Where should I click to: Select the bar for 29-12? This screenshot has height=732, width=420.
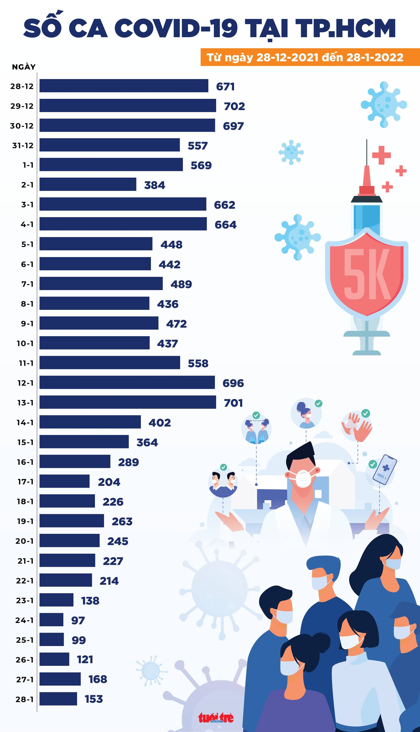click(x=128, y=105)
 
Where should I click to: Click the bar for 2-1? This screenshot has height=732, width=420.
click(x=88, y=184)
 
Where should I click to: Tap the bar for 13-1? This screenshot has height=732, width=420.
click(x=128, y=402)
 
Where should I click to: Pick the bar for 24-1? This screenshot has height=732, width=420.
click(x=51, y=619)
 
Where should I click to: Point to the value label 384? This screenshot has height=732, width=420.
click(x=155, y=185)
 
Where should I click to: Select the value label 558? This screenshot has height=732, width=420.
click(x=198, y=363)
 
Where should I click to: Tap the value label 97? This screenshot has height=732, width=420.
click(x=78, y=620)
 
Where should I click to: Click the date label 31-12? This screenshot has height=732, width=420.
click(x=23, y=146)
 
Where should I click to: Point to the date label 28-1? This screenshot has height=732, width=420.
click(x=25, y=699)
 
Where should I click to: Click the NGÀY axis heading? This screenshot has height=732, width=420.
click(x=24, y=67)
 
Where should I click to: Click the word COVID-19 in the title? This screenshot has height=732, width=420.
click(x=176, y=28)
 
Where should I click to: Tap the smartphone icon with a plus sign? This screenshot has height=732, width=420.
click(x=385, y=469)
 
